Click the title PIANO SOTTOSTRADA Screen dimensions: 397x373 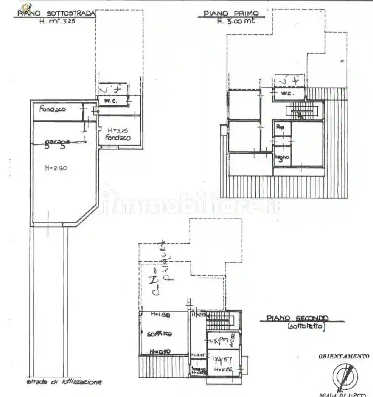[56, 14]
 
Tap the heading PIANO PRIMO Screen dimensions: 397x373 [231, 14]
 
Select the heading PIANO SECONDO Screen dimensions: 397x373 [297, 318]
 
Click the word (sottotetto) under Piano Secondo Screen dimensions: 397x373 [306, 327]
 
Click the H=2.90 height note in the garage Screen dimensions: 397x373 [56, 169]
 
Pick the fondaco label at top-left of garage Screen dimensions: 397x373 [52, 109]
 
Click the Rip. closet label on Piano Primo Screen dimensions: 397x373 [280, 127]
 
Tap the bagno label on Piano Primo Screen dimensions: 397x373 [281, 157]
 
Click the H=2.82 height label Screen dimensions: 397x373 [223, 369]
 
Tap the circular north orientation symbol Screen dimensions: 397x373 [345, 375]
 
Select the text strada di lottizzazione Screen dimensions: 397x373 [64, 382]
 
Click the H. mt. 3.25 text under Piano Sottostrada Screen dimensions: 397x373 [58, 21]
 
